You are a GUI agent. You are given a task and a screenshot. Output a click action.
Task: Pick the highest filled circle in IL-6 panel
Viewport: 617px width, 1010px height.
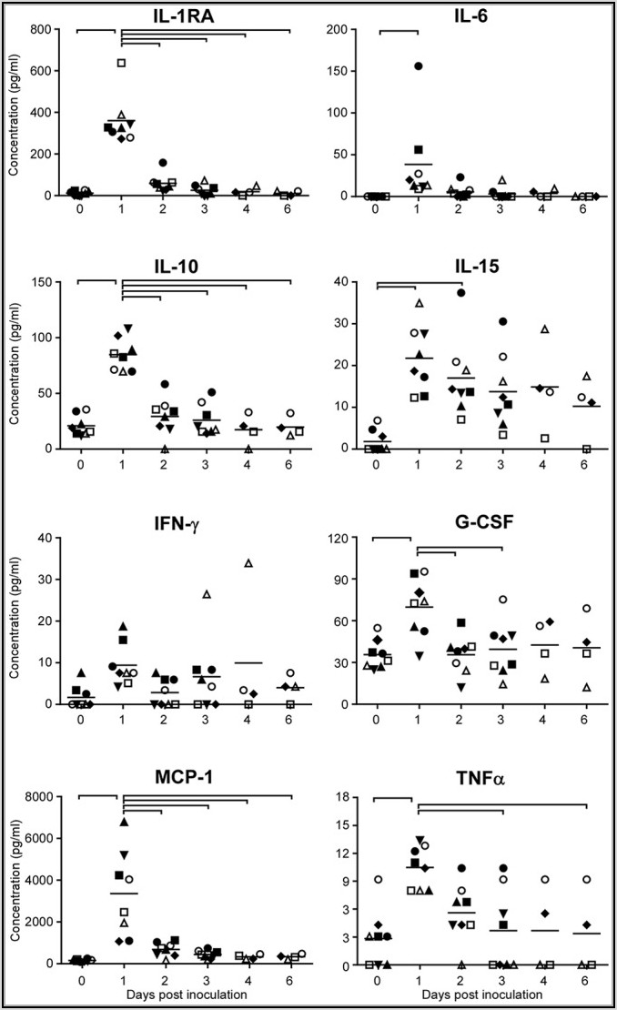click(419, 66)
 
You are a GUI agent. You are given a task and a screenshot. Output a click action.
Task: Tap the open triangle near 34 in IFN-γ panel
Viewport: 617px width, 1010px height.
click(248, 562)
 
